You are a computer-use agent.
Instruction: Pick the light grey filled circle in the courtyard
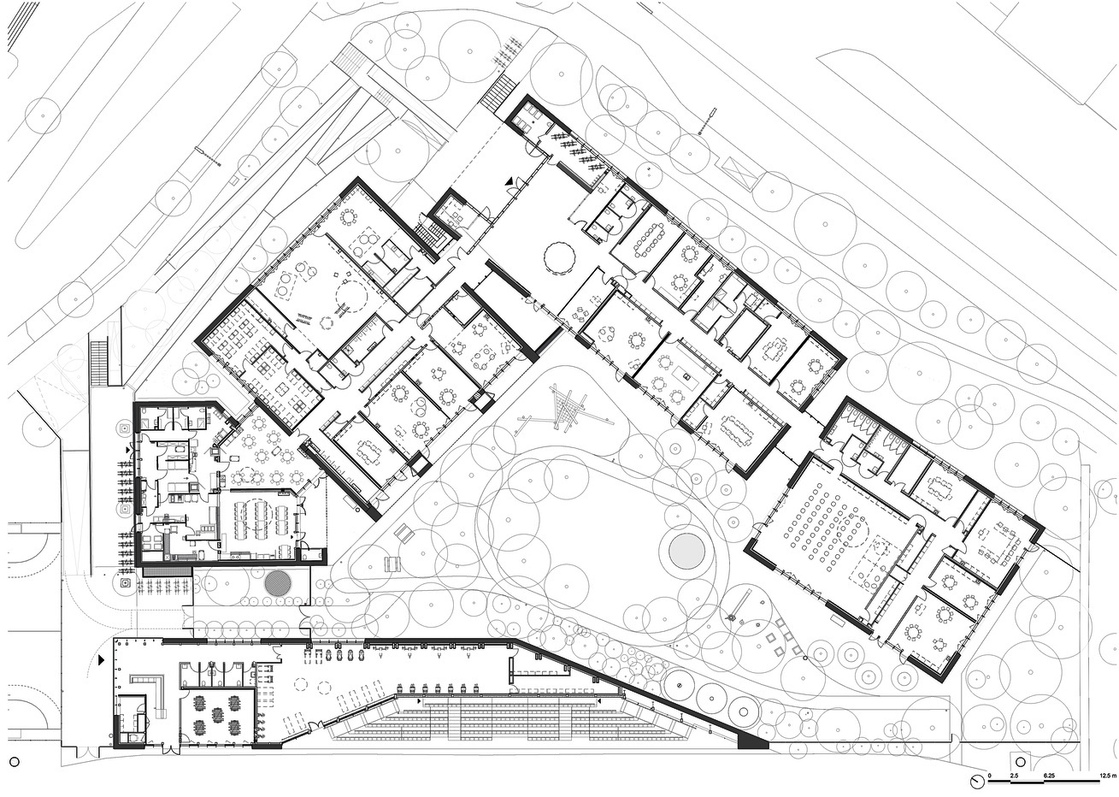coord(687,550)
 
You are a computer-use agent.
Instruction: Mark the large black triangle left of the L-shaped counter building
coord(102,660)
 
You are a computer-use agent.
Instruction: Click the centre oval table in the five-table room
coord(218,715)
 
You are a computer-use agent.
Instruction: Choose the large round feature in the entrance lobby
coord(560,257)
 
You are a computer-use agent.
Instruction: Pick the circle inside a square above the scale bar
coord(1020,762)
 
